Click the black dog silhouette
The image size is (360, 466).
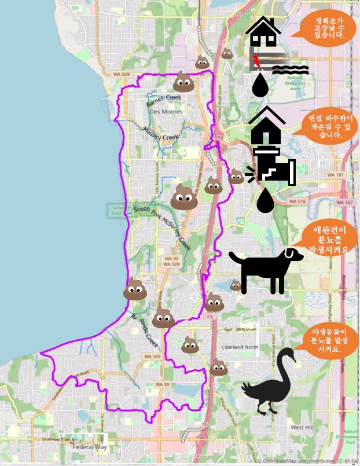click(x=265, y=270)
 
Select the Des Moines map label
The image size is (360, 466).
click(x=166, y=111)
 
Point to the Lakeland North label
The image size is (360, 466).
click(x=240, y=347)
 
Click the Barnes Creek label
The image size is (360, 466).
click(x=164, y=98)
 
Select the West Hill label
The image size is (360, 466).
click(x=302, y=427)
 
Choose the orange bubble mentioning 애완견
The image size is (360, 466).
click(x=328, y=239)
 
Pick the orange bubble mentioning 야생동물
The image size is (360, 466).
click(x=328, y=341)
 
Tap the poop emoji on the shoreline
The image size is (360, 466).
click(x=135, y=289)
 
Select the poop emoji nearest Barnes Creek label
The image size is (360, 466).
click(x=183, y=82)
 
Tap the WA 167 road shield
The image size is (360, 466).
click(x=345, y=202)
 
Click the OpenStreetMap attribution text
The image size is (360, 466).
click(x=307, y=461)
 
